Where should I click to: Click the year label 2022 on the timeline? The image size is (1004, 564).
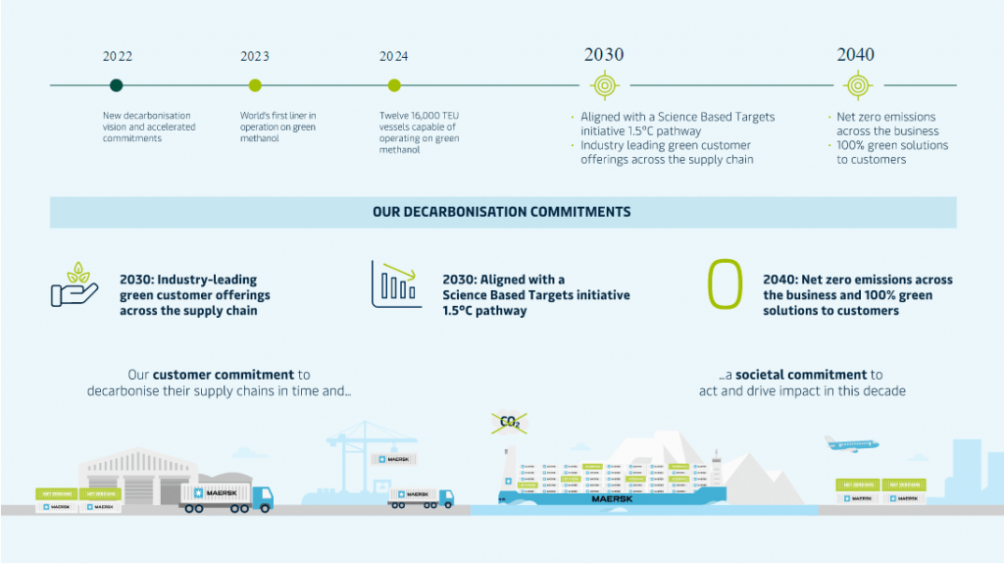pyautogui.click(x=117, y=56)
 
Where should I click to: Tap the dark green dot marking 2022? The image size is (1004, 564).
pyautogui.click(x=117, y=85)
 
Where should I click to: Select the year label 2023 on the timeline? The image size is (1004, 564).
pyautogui.click(x=255, y=56)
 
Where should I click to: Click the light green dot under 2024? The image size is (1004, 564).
pyautogui.click(x=394, y=85)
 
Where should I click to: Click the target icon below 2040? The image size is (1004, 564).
pyautogui.click(x=856, y=85)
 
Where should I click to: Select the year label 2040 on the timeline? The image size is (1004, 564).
pyautogui.click(x=856, y=55)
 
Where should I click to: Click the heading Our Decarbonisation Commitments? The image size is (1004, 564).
pyautogui.click(x=502, y=212)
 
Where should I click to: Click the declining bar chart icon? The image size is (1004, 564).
pyautogui.click(x=397, y=284)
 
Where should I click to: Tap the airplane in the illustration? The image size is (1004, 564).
pyautogui.click(x=851, y=443)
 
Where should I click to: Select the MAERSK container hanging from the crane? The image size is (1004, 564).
pyautogui.click(x=392, y=459)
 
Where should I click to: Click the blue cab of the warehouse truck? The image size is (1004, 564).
pyautogui.click(x=262, y=498)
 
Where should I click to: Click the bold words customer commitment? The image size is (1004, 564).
pyautogui.click(x=224, y=375)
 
